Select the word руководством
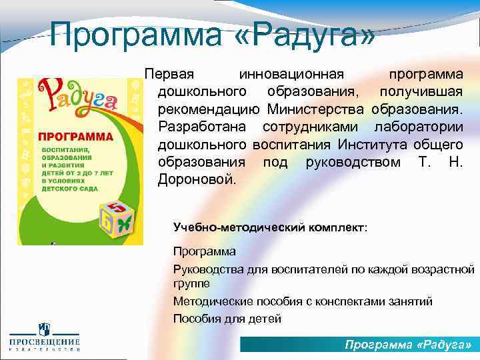point(353,161)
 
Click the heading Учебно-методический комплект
point(269,227)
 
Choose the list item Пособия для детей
point(227,319)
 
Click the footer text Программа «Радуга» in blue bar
point(407,345)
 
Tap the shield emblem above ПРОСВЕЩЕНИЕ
point(44,328)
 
